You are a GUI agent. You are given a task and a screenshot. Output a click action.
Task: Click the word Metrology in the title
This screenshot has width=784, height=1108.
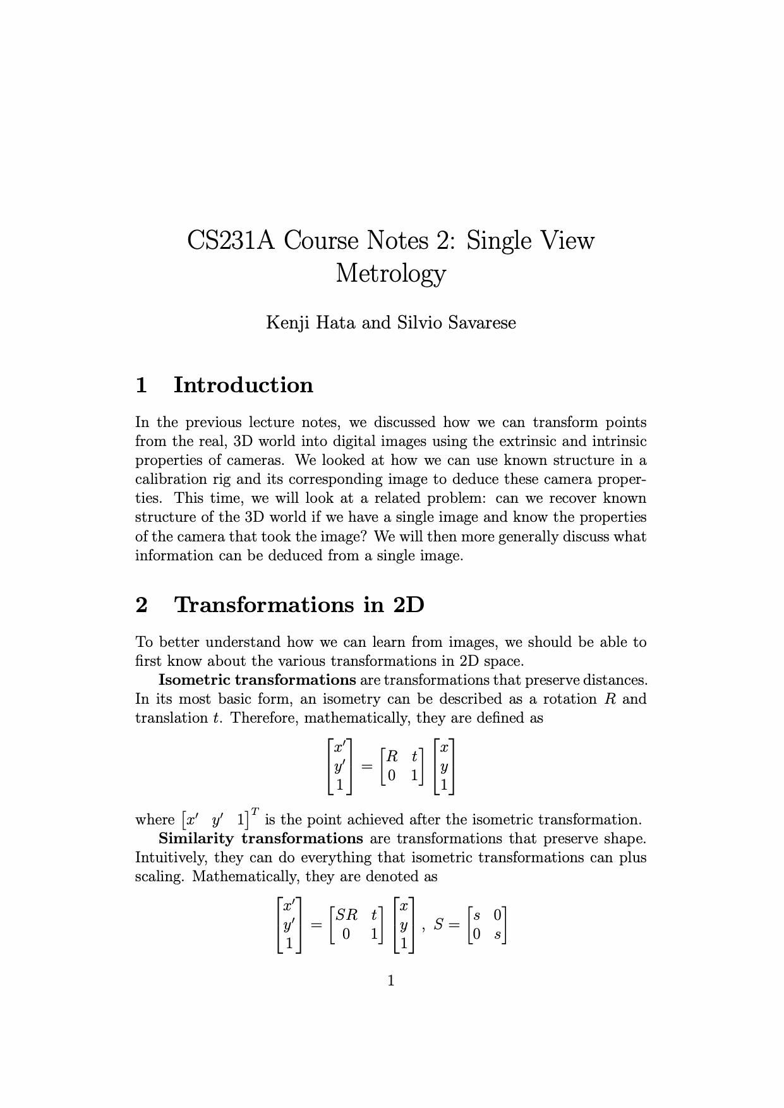[x=390, y=274]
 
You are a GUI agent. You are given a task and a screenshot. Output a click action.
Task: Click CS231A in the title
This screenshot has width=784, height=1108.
[x=231, y=241]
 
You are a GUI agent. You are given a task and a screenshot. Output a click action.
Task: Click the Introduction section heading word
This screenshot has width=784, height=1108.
[x=243, y=385]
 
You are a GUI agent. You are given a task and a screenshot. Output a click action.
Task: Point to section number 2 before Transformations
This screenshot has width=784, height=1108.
[x=142, y=605]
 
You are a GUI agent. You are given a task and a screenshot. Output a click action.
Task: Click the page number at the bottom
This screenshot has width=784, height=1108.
[x=390, y=980]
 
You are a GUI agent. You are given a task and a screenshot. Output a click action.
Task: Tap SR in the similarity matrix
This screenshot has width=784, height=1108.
[x=346, y=914]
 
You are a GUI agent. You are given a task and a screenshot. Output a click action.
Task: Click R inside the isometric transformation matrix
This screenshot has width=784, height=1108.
[x=392, y=756]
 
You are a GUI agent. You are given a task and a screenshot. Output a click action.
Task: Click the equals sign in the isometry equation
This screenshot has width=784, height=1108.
[x=366, y=766]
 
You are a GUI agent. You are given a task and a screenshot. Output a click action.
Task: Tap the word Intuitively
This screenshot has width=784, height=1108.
[x=171, y=858]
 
